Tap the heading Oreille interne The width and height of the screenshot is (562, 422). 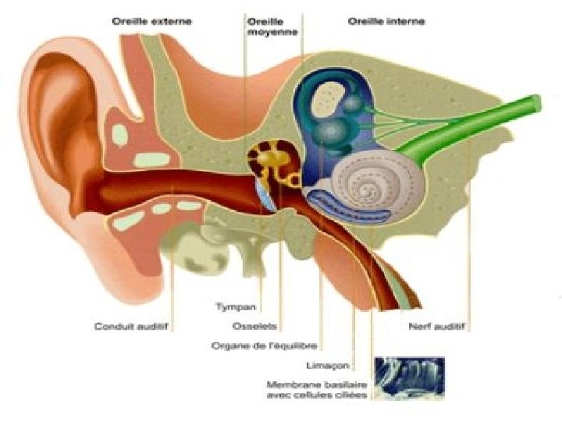386,21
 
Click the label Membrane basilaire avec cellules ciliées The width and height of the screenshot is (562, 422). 317,389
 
